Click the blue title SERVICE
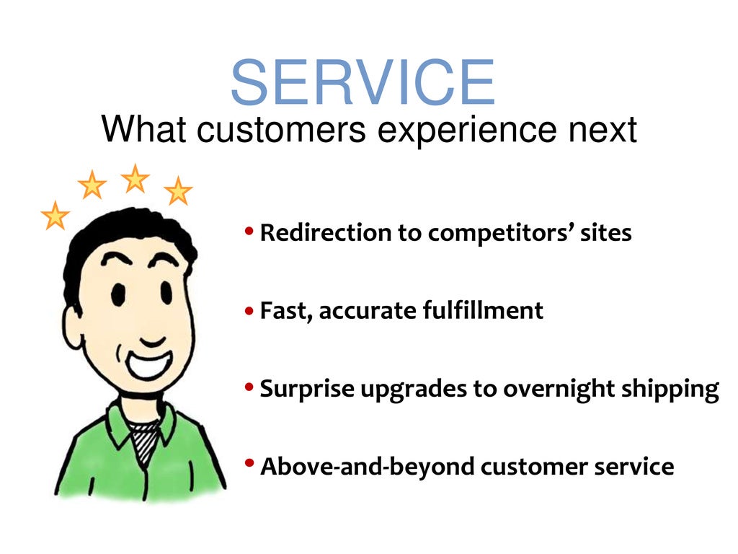(363, 83)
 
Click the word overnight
(560, 390)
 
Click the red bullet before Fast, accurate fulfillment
(249, 312)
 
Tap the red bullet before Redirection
(249, 232)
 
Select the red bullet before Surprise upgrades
(249, 389)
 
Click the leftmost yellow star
(55, 216)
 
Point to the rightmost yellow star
(178, 191)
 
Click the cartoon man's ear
(74, 325)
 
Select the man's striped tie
(145, 441)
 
